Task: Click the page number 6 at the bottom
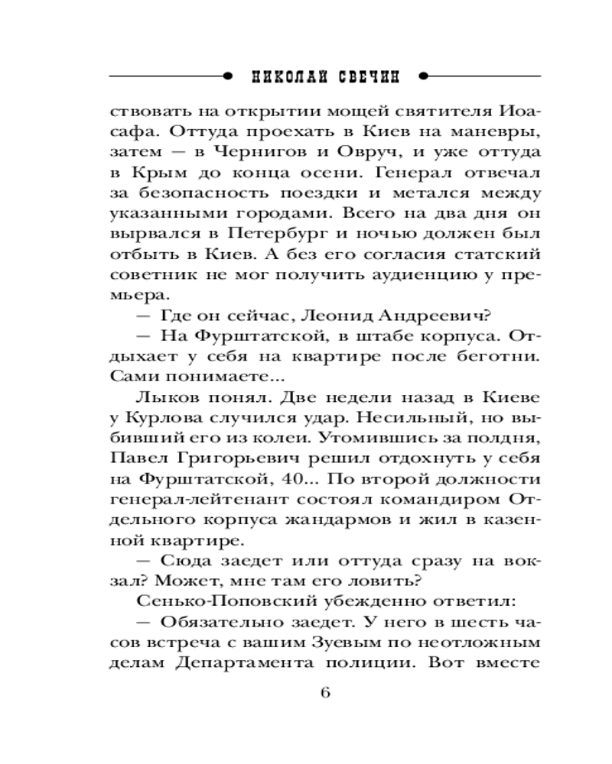click(x=324, y=693)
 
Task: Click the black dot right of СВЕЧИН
click(x=425, y=76)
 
